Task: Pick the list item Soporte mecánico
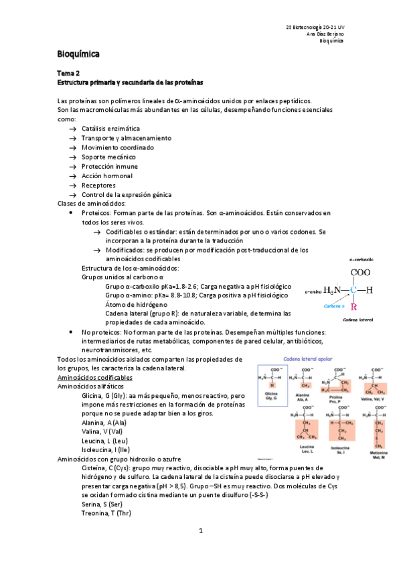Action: [109, 157]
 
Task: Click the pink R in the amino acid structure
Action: [354, 307]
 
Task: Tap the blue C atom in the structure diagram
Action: [353, 290]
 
